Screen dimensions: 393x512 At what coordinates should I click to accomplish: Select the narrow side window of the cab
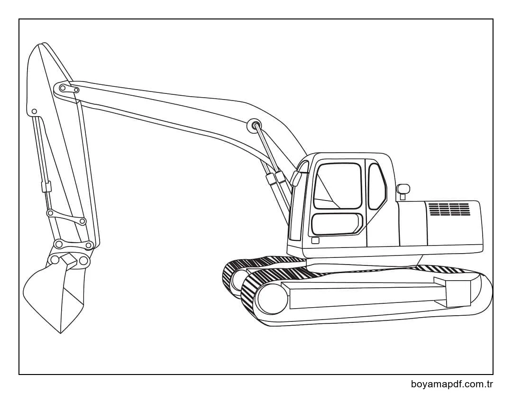377,186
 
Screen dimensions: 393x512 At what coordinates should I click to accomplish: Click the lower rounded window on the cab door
336,223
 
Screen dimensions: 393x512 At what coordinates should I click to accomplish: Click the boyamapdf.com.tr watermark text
452,384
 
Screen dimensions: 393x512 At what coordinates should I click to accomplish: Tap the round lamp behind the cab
403,189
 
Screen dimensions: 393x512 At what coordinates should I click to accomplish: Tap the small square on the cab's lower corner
315,240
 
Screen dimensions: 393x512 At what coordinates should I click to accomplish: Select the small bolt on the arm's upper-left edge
34,112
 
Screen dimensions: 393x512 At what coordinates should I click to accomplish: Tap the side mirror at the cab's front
296,178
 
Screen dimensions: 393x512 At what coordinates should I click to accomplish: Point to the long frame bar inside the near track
365,295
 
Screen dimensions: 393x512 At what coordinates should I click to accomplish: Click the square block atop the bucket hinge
69,260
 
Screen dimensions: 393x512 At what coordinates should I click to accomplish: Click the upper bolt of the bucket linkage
50,213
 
